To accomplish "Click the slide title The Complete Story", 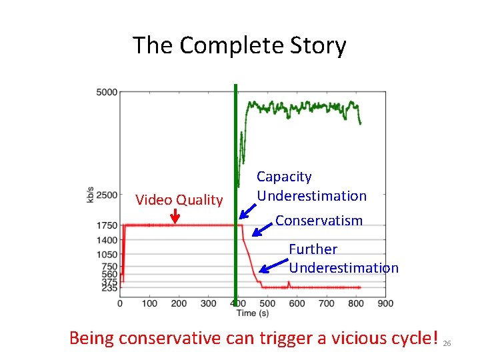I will point(239,45).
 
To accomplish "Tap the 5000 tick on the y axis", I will point(107,91).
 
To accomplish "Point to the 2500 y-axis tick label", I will point(107,195).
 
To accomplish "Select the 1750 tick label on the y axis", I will point(107,225).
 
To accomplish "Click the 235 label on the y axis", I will point(109,288).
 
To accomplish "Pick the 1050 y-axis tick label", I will point(107,255).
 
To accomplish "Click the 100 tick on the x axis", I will point(149,303).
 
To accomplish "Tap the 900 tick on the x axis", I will point(385,303).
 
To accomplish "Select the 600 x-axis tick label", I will point(297,303).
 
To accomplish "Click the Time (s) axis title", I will point(255,313).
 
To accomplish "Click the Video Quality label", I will point(179,200).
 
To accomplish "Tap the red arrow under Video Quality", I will point(175,216).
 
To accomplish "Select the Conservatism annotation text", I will point(319,221).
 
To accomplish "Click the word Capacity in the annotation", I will point(284,177).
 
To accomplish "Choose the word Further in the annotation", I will point(313,249).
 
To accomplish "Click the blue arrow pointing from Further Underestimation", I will point(272,267).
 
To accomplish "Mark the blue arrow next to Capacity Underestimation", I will point(247,211).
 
